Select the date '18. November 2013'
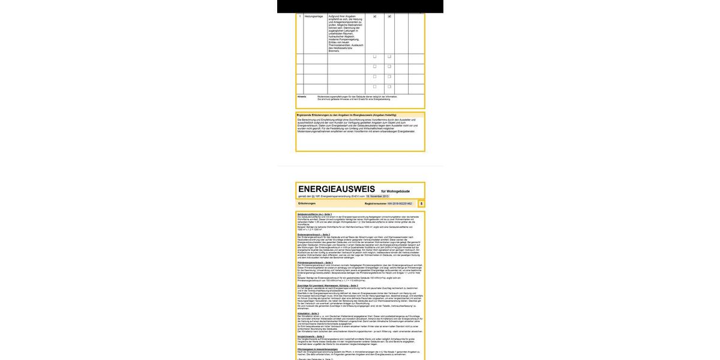click(x=377, y=197)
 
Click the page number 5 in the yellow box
click(x=421, y=204)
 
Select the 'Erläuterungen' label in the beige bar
click(x=307, y=204)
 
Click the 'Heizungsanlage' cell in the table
click(x=313, y=17)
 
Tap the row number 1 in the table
click(x=299, y=17)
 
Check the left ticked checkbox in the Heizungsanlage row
click(x=375, y=17)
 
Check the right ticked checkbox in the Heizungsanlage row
click(x=389, y=17)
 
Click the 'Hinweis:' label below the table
click(x=302, y=96)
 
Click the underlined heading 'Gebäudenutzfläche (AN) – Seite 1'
click(x=314, y=214)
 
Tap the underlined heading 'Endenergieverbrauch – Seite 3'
click(x=313, y=235)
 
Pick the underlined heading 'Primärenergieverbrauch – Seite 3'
click(x=315, y=263)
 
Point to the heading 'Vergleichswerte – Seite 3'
click(x=312, y=336)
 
